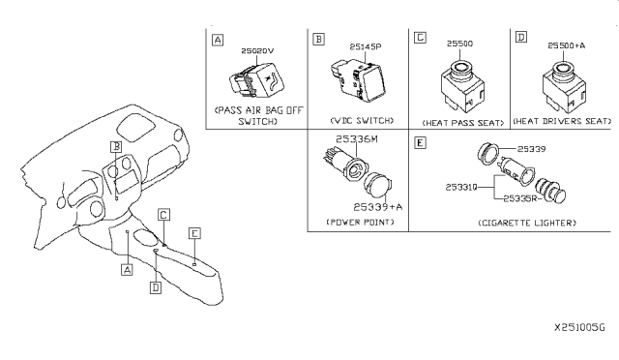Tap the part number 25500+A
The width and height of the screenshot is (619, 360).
(x=565, y=45)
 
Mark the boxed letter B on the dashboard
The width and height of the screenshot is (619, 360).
(x=114, y=147)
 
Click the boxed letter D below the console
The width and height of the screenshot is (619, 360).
(x=154, y=286)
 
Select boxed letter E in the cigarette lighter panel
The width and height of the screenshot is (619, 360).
(x=419, y=142)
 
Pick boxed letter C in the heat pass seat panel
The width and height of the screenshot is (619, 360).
(x=419, y=38)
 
